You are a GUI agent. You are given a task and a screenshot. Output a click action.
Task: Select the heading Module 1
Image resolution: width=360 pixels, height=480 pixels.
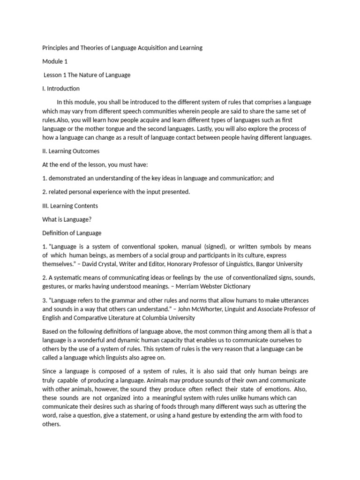point(55,61)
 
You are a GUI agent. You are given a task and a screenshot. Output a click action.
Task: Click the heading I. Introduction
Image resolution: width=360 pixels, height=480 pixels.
point(61,89)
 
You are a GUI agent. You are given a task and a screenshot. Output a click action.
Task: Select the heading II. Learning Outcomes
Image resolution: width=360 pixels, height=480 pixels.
point(71,151)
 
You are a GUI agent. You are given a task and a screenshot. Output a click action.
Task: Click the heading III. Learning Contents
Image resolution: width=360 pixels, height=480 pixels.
point(70,205)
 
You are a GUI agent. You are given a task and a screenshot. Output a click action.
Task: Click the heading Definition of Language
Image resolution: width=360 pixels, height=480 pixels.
point(72,233)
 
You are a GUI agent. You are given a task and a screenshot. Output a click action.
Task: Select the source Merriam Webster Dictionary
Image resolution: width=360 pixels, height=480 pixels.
point(212,286)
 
